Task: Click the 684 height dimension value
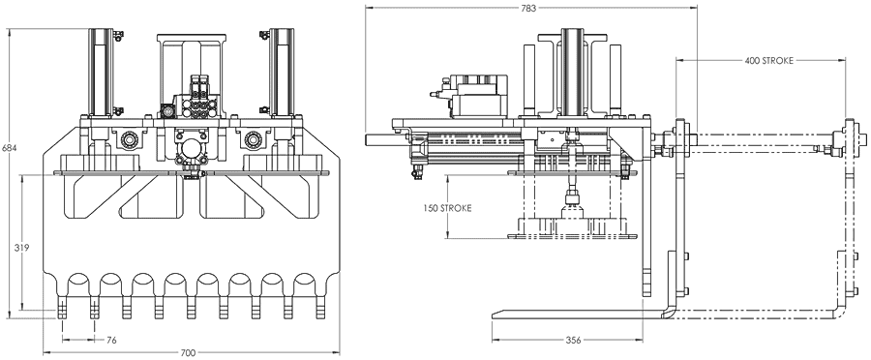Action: click(x=10, y=148)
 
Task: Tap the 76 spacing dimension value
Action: click(x=111, y=340)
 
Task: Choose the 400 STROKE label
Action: click(x=768, y=61)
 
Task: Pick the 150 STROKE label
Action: click(x=447, y=208)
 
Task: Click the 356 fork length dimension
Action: click(x=573, y=340)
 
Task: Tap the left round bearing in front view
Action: click(x=129, y=137)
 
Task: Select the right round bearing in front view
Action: click(x=254, y=137)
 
